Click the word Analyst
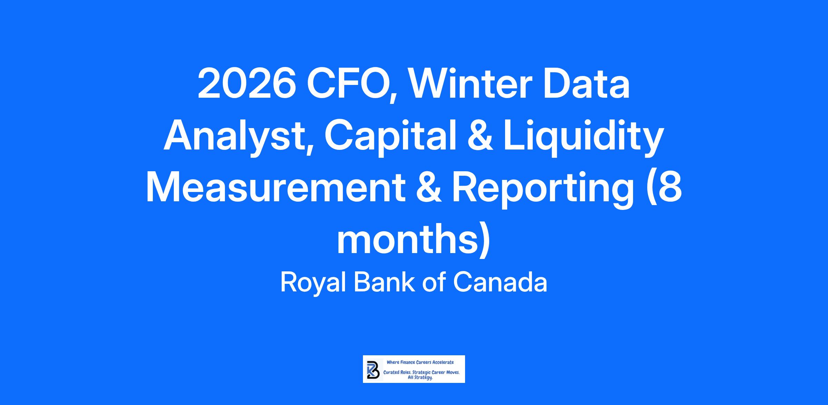(237, 136)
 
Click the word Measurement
(276, 188)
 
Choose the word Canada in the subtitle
(500, 282)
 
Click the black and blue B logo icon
(373, 369)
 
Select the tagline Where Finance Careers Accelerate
(420, 362)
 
